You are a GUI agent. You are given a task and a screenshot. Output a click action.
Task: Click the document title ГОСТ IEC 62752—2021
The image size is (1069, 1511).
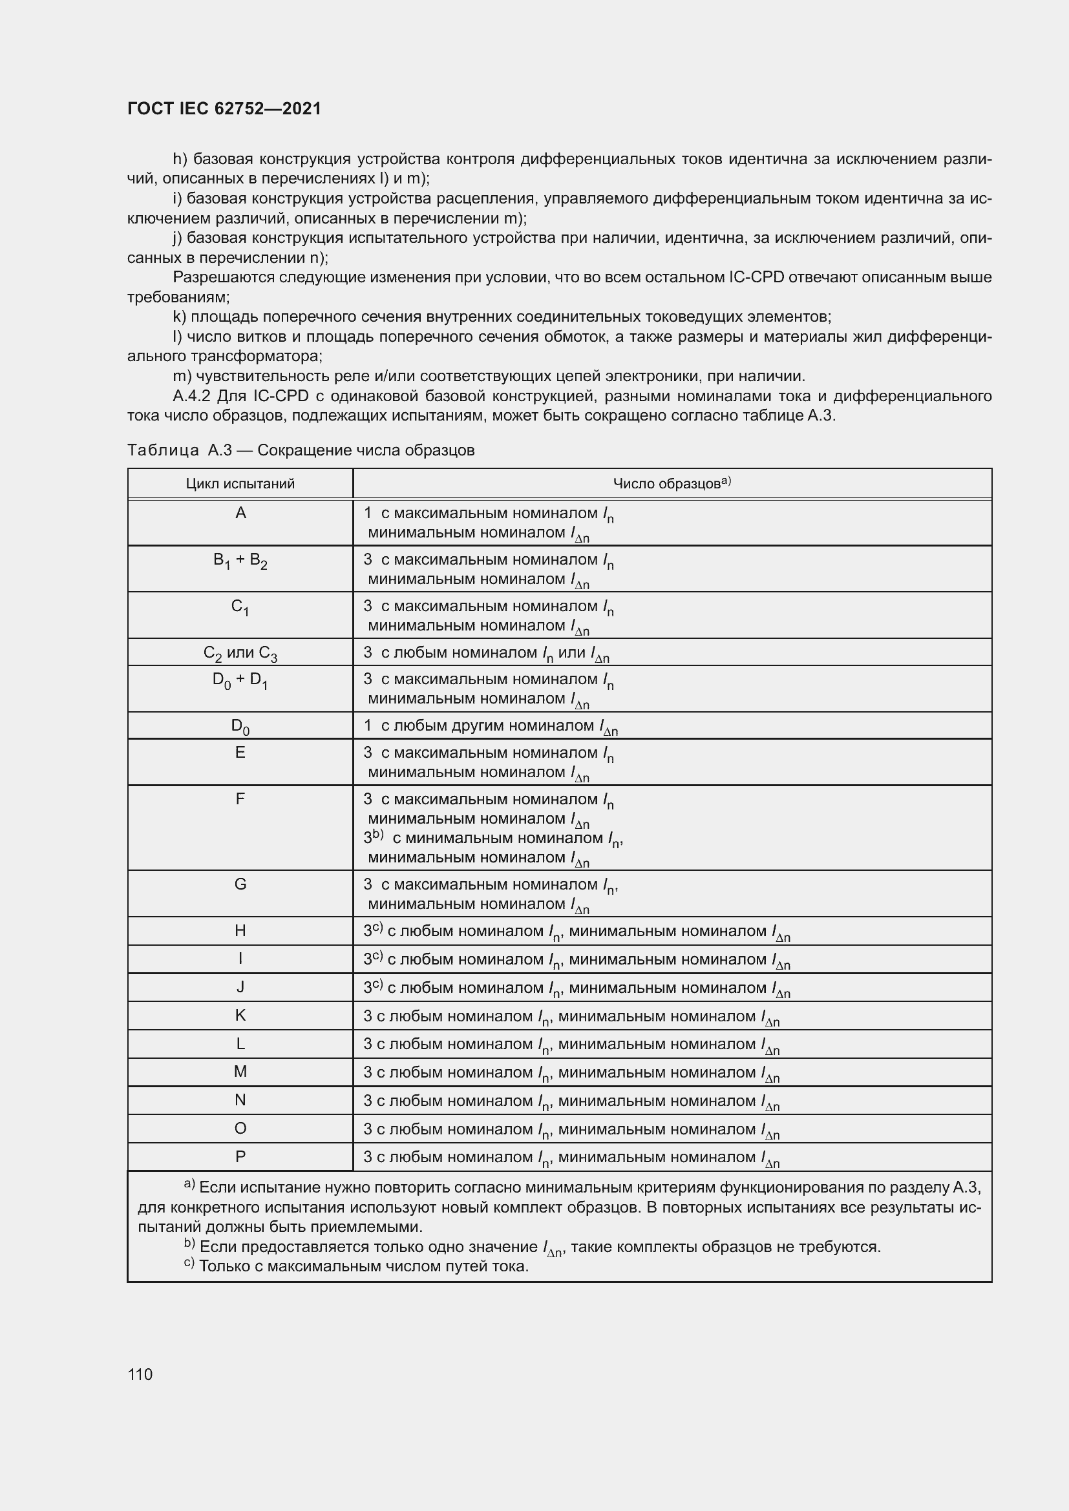[224, 109]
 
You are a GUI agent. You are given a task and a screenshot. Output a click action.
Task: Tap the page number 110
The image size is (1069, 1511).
[140, 1374]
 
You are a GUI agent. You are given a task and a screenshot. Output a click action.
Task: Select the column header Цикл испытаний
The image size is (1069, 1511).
[240, 485]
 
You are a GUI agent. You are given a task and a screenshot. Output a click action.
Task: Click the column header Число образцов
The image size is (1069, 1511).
[672, 484]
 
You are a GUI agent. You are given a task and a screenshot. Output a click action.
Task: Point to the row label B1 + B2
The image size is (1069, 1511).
[240, 561]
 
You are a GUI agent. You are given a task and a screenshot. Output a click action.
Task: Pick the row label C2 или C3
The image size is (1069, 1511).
[240, 654]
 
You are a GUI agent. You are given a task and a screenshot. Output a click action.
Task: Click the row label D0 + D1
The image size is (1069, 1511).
[240, 680]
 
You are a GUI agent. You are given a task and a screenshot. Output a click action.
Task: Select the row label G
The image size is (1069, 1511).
[240, 884]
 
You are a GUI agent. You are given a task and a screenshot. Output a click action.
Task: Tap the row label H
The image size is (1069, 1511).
[240, 930]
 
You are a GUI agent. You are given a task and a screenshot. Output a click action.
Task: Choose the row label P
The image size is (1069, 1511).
[240, 1156]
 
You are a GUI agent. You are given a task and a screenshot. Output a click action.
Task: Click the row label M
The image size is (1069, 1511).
[240, 1072]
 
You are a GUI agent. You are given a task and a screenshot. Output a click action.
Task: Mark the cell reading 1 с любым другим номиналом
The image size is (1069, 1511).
[491, 727]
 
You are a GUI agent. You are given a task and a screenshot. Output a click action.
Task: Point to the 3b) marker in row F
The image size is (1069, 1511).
[373, 837]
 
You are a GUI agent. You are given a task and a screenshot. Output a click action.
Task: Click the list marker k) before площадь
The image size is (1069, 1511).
[179, 317]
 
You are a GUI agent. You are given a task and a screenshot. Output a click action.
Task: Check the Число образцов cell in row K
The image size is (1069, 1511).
[571, 1017]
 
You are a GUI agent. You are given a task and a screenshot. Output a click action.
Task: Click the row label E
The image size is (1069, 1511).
[240, 753]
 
